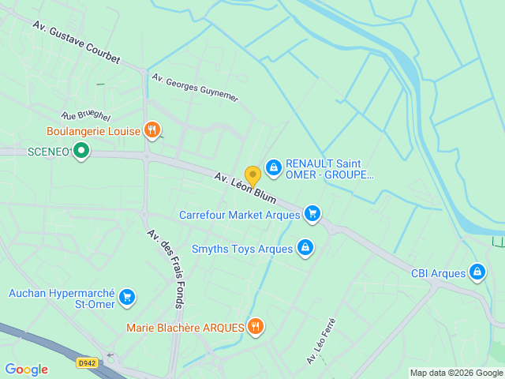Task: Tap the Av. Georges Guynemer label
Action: (x=195, y=88)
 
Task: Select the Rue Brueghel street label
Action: (x=86, y=115)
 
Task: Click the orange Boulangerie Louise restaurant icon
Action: (x=152, y=130)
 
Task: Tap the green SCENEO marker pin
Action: (x=80, y=150)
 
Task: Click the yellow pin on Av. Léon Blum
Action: (x=252, y=175)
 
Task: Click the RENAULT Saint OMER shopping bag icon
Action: (x=273, y=167)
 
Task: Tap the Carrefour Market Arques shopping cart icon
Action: (x=312, y=214)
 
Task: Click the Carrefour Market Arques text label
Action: (x=239, y=214)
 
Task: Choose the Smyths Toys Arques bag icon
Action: (x=305, y=249)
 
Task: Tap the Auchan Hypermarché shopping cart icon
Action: (x=127, y=298)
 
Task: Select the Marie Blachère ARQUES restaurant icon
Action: (x=255, y=326)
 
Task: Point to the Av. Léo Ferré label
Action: (x=321, y=341)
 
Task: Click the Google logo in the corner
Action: (x=26, y=369)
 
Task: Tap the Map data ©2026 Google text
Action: (x=455, y=373)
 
